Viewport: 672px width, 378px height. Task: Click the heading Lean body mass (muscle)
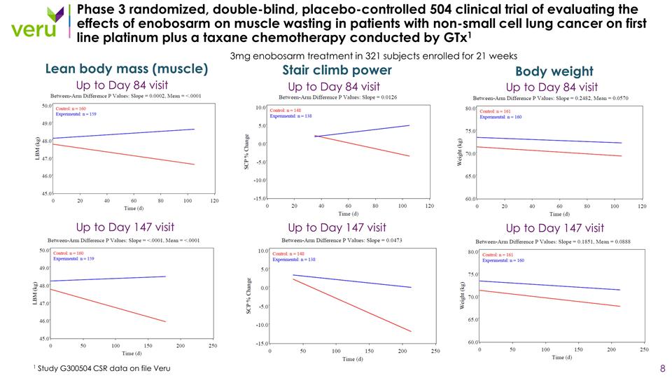126,69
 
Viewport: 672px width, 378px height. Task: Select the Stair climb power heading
337,70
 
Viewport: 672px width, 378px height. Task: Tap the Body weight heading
554,71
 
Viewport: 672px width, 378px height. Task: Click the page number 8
662,368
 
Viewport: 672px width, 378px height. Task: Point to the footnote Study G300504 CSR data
101,368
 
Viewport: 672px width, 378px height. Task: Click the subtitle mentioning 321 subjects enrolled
373,56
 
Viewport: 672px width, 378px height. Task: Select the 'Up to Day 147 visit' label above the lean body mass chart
125,227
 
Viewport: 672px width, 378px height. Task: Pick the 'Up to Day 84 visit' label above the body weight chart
552,87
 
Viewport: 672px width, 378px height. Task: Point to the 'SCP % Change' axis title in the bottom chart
249,295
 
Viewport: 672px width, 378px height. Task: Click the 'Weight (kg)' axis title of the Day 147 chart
463,296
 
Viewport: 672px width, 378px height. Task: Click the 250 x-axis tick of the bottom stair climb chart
435,351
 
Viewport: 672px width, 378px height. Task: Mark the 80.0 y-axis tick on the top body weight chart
468,108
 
